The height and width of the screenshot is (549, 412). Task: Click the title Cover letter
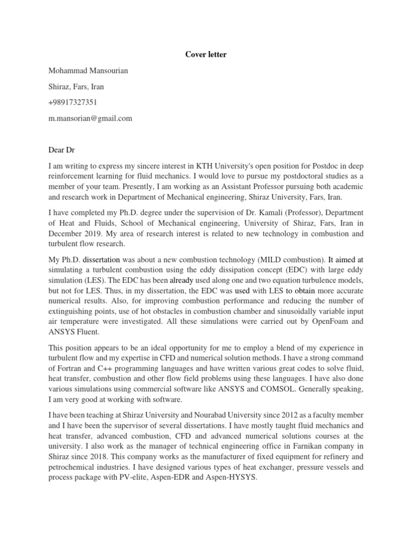coord(206,55)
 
